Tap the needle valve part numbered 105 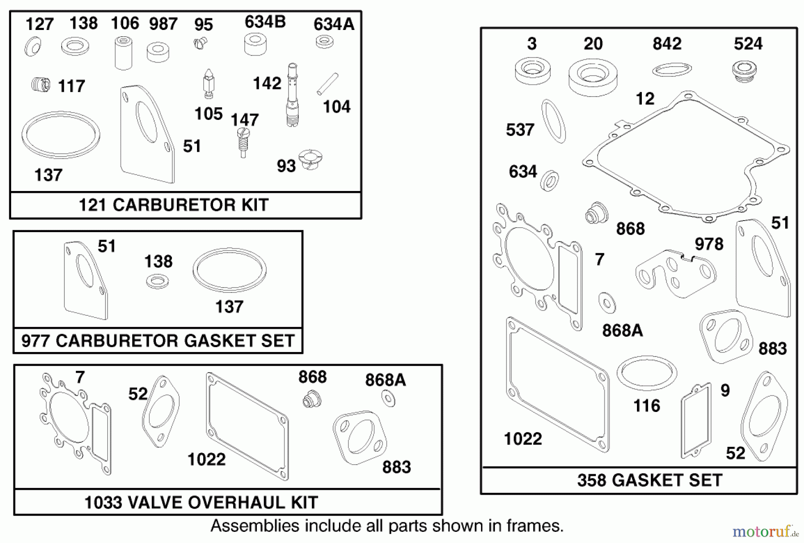(209, 84)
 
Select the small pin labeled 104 (327, 84)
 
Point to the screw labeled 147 (243, 142)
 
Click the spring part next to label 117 (41, 85)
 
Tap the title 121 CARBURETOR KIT (174, 205)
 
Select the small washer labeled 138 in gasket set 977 (157, 282)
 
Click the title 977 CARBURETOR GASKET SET (158, 341)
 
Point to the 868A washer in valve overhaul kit (389, 399)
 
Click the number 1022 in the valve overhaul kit (206, 459)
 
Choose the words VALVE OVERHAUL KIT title (222, 502)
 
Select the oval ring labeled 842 (671, 69)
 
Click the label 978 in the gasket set (709, 244)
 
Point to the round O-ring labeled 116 (646, 372)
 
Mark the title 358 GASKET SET (649, 480)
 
